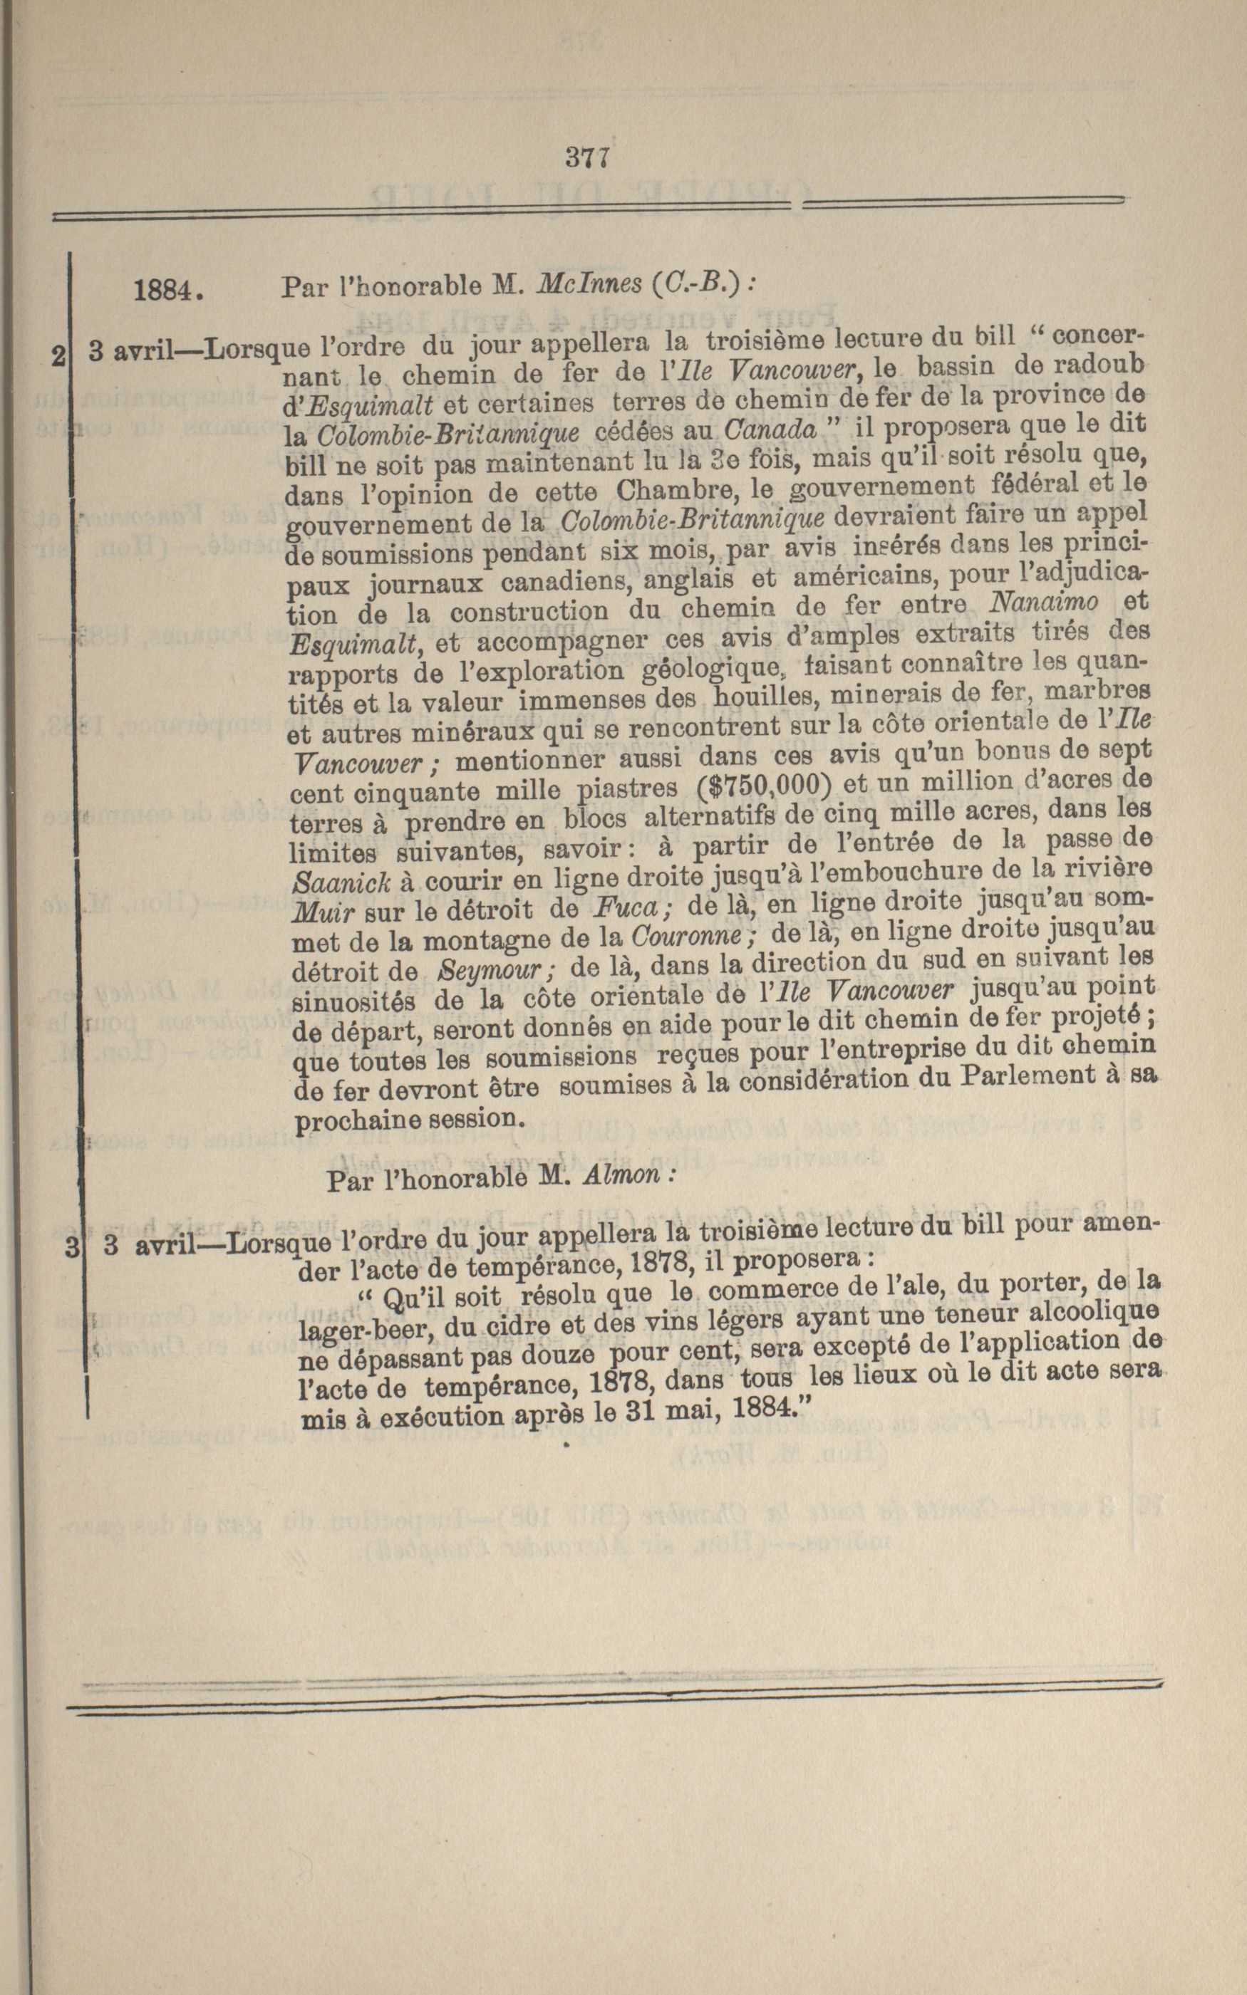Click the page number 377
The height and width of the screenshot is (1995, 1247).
587,157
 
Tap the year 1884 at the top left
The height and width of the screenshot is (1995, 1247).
168,289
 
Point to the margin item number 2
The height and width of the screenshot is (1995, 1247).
58,356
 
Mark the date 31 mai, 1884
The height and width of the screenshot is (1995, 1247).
716,1407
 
